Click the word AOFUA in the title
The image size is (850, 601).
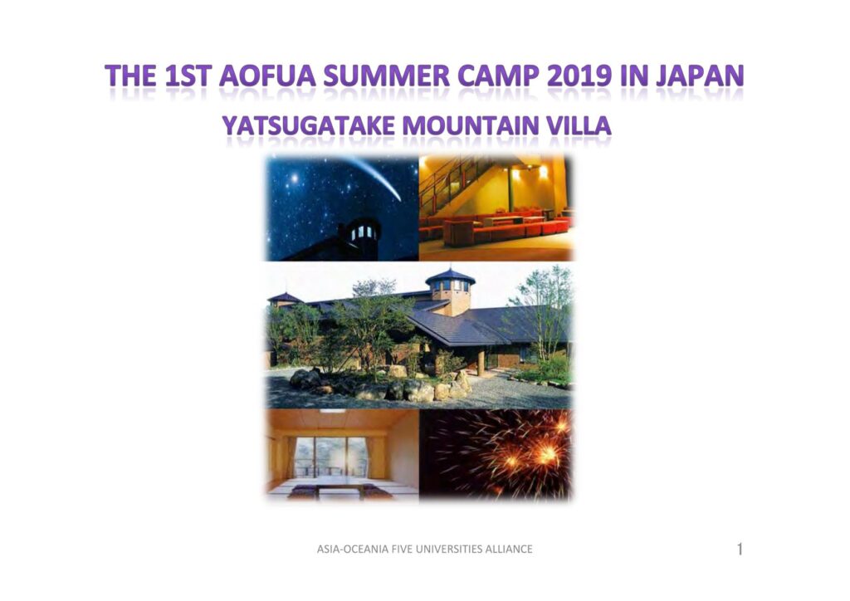click(267, 76)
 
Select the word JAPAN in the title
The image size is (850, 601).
click(700, 76)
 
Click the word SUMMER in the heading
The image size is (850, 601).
click(387, 76)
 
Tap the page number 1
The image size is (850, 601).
click(740, 550)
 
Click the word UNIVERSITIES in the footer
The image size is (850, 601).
click(444, 549)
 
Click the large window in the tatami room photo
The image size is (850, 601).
click(330, 457)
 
